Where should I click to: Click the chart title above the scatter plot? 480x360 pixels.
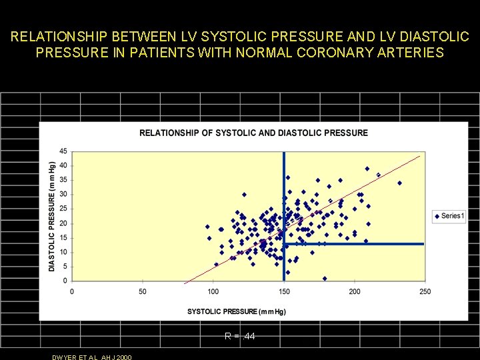click(253, 133)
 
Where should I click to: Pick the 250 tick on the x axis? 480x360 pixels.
click(425, 291)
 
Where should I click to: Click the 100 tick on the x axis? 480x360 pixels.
click(213, 291)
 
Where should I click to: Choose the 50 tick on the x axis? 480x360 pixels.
click(143, 291)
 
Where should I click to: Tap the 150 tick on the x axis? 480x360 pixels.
click(284, 291)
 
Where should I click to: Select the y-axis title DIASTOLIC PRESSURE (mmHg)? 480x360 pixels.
click(52, 216)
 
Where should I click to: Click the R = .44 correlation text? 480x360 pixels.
click(240, 337)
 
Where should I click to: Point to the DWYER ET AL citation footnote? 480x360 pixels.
click(92, 357)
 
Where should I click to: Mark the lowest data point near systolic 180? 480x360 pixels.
click(325, 278)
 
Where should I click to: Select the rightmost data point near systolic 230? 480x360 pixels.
click(399, 183)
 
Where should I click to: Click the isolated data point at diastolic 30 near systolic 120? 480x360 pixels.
click(244, 195)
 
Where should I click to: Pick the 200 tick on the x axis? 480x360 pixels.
click(355, 291)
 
